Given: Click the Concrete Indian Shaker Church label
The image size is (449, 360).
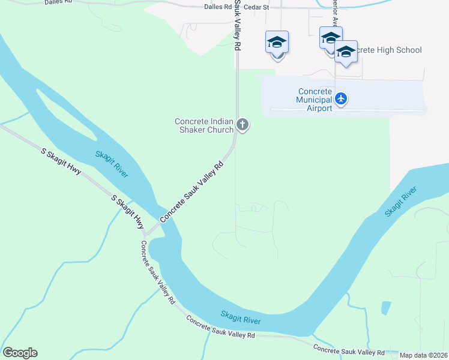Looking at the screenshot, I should tap(204, 125).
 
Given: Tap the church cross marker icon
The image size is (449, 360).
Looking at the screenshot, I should tap(243, 125).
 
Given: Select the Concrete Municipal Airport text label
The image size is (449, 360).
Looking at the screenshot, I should tap(315, 100).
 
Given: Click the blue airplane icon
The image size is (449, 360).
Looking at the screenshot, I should tap(341, 98).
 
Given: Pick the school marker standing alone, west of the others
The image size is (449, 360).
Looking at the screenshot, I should tap(277, 43).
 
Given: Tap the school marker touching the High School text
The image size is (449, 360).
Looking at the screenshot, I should tap(346, 52).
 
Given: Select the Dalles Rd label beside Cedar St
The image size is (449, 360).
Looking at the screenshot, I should tap(217, 7).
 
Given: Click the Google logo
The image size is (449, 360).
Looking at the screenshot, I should tap(20, 353).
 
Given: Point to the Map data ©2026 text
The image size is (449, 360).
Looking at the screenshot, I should tap(424, 355).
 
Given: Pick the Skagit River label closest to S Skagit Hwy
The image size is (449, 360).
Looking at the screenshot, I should tap(112, 163).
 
